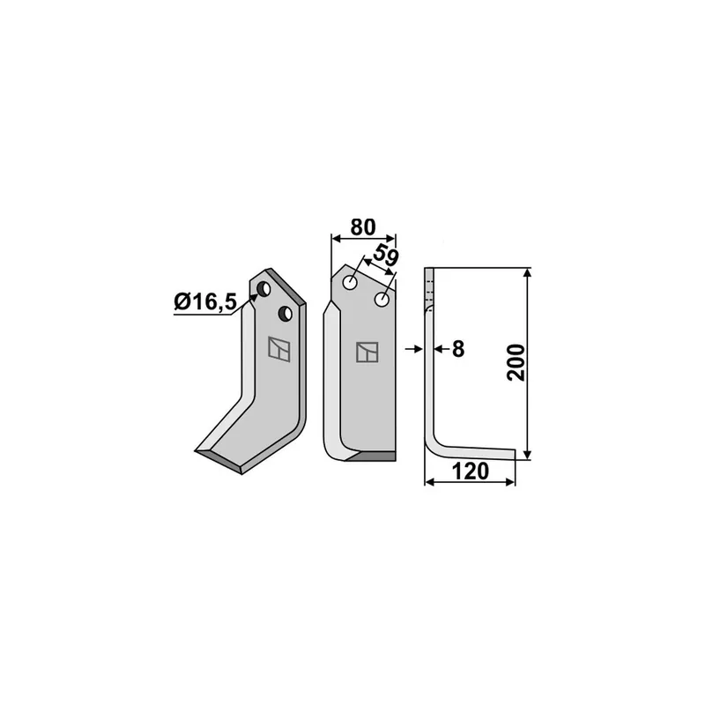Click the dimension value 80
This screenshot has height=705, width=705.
363,227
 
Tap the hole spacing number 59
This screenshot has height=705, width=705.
386,256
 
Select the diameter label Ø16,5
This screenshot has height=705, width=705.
205,301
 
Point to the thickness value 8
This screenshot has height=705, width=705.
458,349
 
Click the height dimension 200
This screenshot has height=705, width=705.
516,363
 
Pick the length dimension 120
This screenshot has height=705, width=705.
470,471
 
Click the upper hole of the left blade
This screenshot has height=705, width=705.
263,289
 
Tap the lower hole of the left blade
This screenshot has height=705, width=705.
286,314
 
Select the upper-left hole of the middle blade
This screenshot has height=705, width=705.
350,283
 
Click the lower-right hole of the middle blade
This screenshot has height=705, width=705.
382,300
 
